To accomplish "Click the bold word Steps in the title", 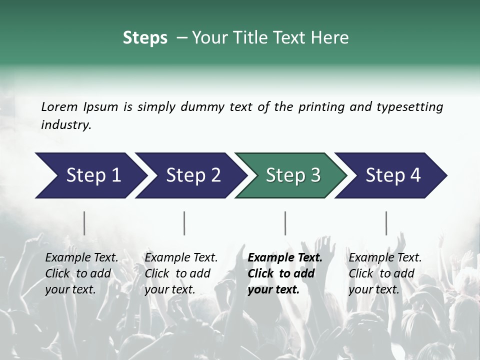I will pyautogui.click(x=145, y=38).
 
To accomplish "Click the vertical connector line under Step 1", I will pyautogui.click(x=84, y=223).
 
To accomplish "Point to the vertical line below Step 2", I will pyautogui.click(x=184, y=223).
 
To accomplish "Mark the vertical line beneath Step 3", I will pyautogui.click(x=285, y=223).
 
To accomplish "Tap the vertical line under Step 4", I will pyautogui.click(x=386, y=223).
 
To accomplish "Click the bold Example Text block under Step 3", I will pyautogui.click(x=284, y=273).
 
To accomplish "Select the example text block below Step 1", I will pyautogui.click(x=81, y=273).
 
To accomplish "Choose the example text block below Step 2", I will pyautogui.click(x=181, y=273).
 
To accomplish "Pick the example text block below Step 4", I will pyautogui.click(x=384, y=273).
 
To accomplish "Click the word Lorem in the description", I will pyautogui.click(x=59, y=106).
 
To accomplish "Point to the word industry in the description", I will pyautogui.click(x=66, y=124).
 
